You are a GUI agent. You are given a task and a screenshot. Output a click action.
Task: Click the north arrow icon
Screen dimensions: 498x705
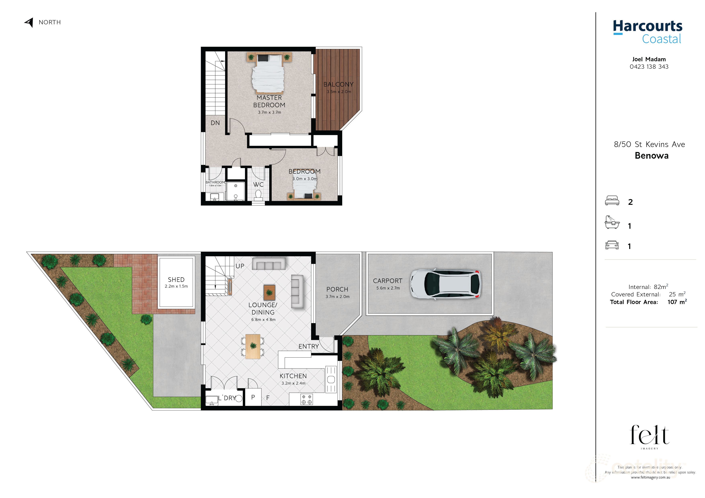point(29,22)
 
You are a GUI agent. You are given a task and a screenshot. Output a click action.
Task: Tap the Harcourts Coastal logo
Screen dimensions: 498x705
point(648,32)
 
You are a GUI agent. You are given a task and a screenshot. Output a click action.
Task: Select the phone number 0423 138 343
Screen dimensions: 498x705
point(649,67)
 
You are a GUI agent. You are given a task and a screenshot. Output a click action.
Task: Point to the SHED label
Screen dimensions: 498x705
point(176,280)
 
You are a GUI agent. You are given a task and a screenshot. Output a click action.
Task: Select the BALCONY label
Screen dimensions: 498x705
point(338,84)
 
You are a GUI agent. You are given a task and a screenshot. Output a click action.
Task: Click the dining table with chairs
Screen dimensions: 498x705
point(253,346)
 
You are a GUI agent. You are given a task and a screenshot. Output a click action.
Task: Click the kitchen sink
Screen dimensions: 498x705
point(331,380)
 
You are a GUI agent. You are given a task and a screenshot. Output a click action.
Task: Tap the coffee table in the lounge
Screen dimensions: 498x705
point(269,292)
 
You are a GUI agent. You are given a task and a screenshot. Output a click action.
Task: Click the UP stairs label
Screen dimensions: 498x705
point(240,266)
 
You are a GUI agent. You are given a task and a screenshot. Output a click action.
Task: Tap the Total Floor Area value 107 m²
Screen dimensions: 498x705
point(677,302)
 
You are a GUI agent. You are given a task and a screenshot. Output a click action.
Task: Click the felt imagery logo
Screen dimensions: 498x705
point(649,436)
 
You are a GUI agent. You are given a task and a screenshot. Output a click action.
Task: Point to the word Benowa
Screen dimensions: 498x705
point(651,156)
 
